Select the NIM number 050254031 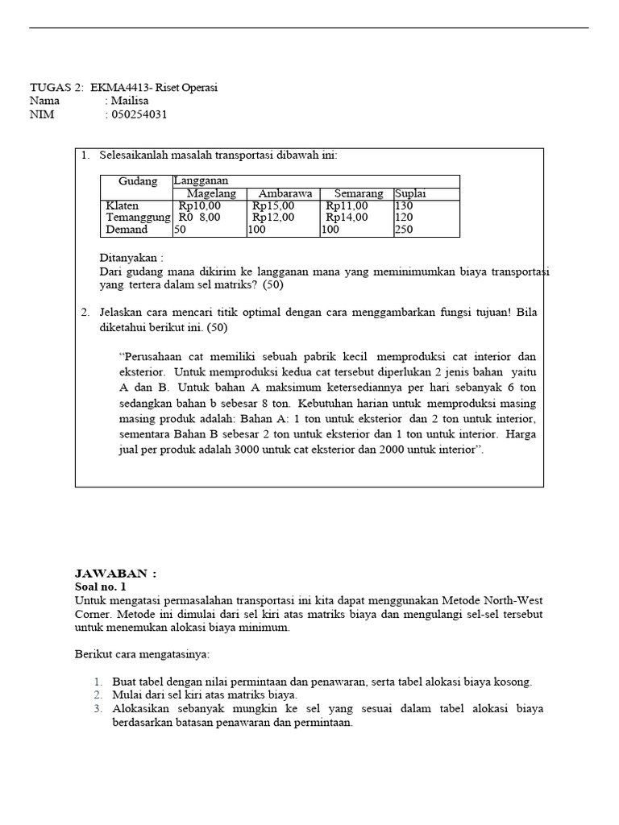pyautogui.click(x=139, y=114)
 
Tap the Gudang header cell pyautogui.click(x=137, y=181)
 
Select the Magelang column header pyautogui.click(x=211, y=194)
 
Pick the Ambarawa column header pyautogui.click(x=283, y=194)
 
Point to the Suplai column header pyautogui.click(x=410, y=194)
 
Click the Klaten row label pyautogui.click(x=123, y=206)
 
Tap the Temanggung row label pyautogui.click(x=138, y=218)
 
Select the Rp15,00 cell pyautogui.click(x=273, y=206)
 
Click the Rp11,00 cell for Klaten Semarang pyautogui.click(x=347, y=206)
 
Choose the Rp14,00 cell pyautogui.click(x=347, y=218)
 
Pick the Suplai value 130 pyautogui.click(x=404, y=206)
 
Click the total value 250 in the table pyautogui.click(x=404, y=230)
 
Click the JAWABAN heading pyautogui.click(x=115, y=574)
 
